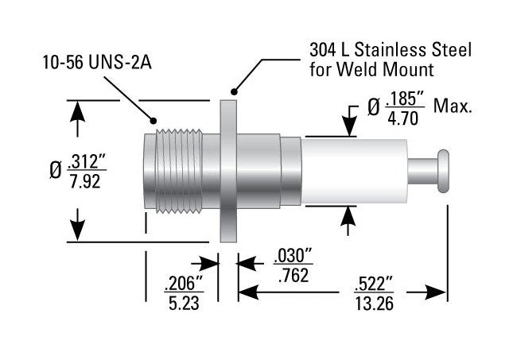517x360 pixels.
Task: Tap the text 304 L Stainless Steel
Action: coord(390,50)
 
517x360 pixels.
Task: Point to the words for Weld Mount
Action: coord(367,68)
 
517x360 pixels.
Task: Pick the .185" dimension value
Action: coord(403,97)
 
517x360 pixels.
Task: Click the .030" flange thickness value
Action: coord(292,256)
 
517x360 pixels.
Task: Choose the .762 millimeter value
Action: coord(291,275)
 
